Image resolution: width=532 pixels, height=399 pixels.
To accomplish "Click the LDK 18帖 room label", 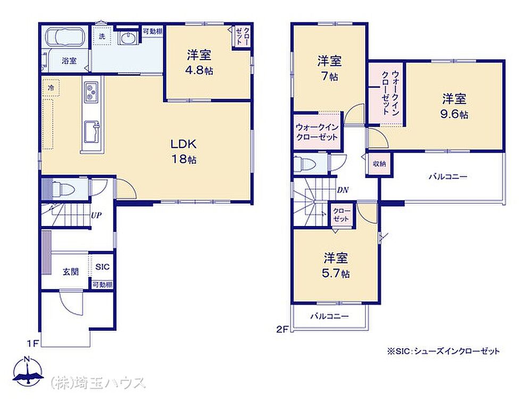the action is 184,151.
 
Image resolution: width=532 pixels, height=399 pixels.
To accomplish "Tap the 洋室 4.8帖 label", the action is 199,62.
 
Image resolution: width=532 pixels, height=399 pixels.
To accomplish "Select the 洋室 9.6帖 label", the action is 454,106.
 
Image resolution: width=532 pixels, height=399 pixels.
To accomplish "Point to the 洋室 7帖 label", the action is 329,69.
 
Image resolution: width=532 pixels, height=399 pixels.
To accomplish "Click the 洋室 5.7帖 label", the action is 336,265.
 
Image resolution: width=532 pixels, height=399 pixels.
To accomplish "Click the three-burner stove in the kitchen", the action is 90,92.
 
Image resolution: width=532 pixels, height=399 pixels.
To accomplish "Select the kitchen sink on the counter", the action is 92,131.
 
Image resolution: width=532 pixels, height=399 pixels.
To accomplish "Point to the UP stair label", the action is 96,215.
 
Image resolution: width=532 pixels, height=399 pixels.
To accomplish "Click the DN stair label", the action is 343,190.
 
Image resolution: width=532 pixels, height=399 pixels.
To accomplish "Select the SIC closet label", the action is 103,267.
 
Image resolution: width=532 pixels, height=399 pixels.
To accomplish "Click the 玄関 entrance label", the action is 71,272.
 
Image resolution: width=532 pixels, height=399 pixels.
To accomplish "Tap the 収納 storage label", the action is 379,164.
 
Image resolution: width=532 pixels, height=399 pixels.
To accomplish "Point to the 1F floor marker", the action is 33,344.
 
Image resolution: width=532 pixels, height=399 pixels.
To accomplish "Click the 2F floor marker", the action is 282,329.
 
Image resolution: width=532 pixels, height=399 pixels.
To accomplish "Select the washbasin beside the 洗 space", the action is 128,38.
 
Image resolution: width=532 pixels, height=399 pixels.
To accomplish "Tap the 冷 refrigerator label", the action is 51,88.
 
